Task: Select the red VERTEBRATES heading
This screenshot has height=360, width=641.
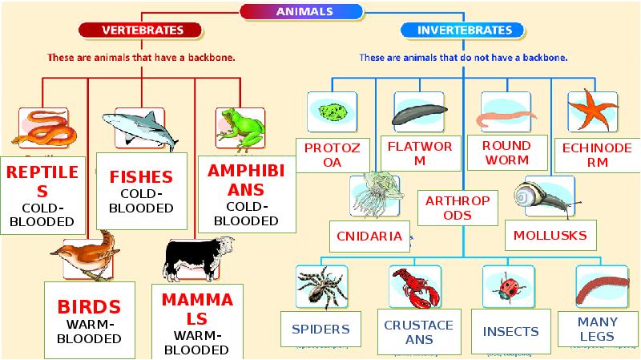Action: tap(142, 30)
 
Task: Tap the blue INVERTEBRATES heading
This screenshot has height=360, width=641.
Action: tap(464, 30)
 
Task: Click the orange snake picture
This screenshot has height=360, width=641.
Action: tap(46, 126)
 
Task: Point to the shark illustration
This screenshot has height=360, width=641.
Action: tap(143, 127)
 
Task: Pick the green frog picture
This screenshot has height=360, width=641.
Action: tap(240, 127)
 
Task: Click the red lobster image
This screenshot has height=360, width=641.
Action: tap(415, 288)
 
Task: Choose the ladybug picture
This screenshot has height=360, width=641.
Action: tap(507, 288)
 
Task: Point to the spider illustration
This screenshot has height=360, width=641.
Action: tap(320, 287)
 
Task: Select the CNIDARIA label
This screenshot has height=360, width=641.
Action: tap(370, 237)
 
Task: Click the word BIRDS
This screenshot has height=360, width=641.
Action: tap(89, 306)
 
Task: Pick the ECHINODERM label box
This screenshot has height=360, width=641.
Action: tap(597, 155)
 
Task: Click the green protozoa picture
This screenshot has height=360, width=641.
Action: tap(331, 111)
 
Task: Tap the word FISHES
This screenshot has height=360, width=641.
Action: tap(141, 177)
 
